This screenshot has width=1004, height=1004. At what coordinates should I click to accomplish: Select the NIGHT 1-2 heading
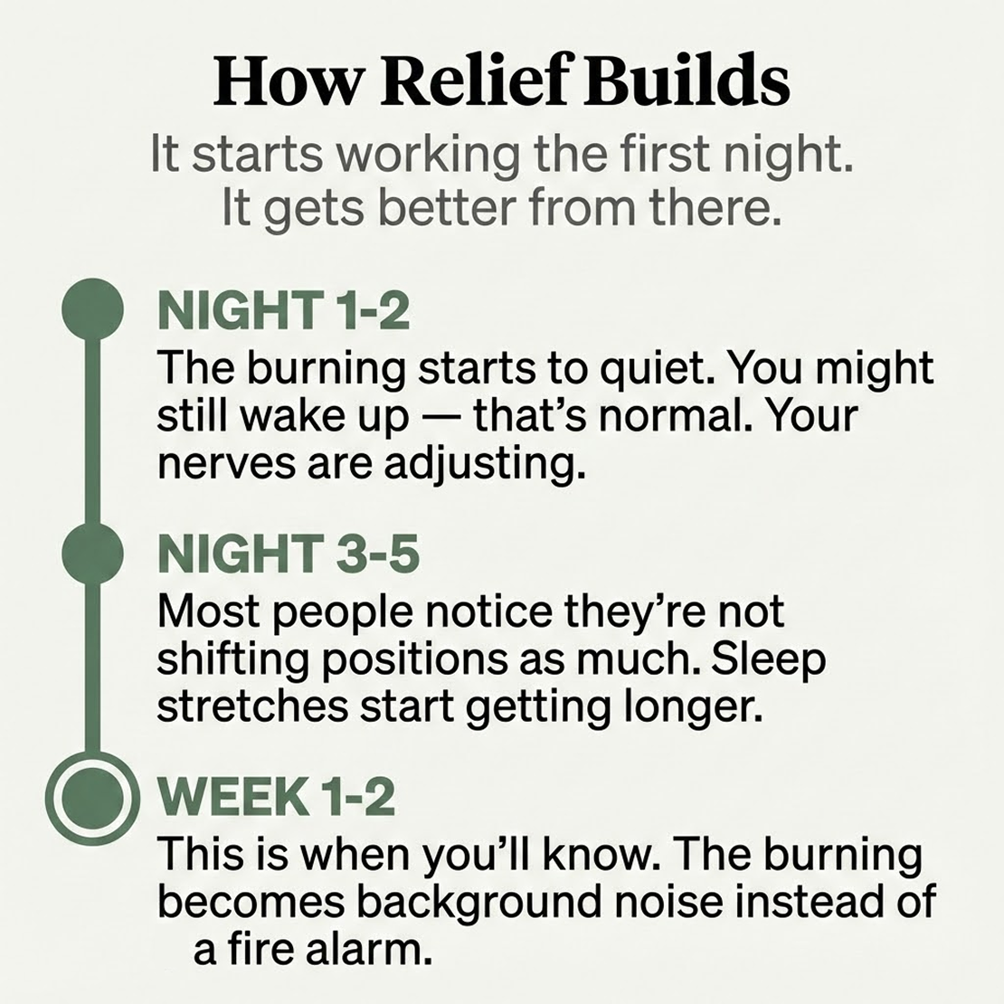pos(283,312)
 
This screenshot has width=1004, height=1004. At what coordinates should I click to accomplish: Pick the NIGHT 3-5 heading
pos(289,554)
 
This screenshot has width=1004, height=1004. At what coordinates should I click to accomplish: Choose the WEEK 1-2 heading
pos(276,797)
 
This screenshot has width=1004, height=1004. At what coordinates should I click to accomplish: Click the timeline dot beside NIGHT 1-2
pos(91,311)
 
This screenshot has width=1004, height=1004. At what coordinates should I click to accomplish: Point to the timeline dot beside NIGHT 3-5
pos(91,554)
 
